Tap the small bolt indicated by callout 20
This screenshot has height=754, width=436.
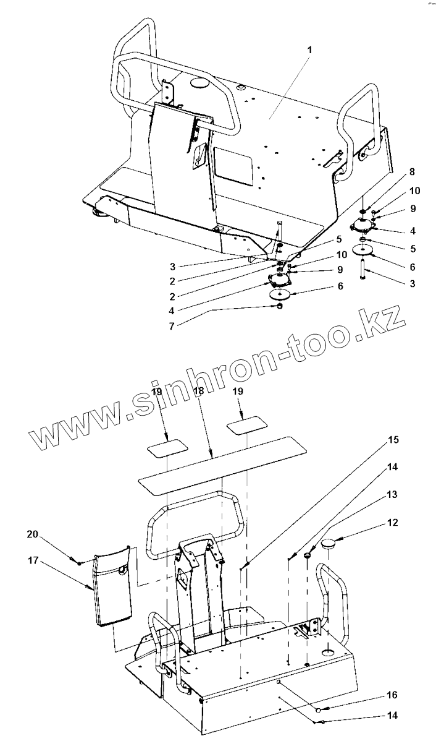click(80, 562)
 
